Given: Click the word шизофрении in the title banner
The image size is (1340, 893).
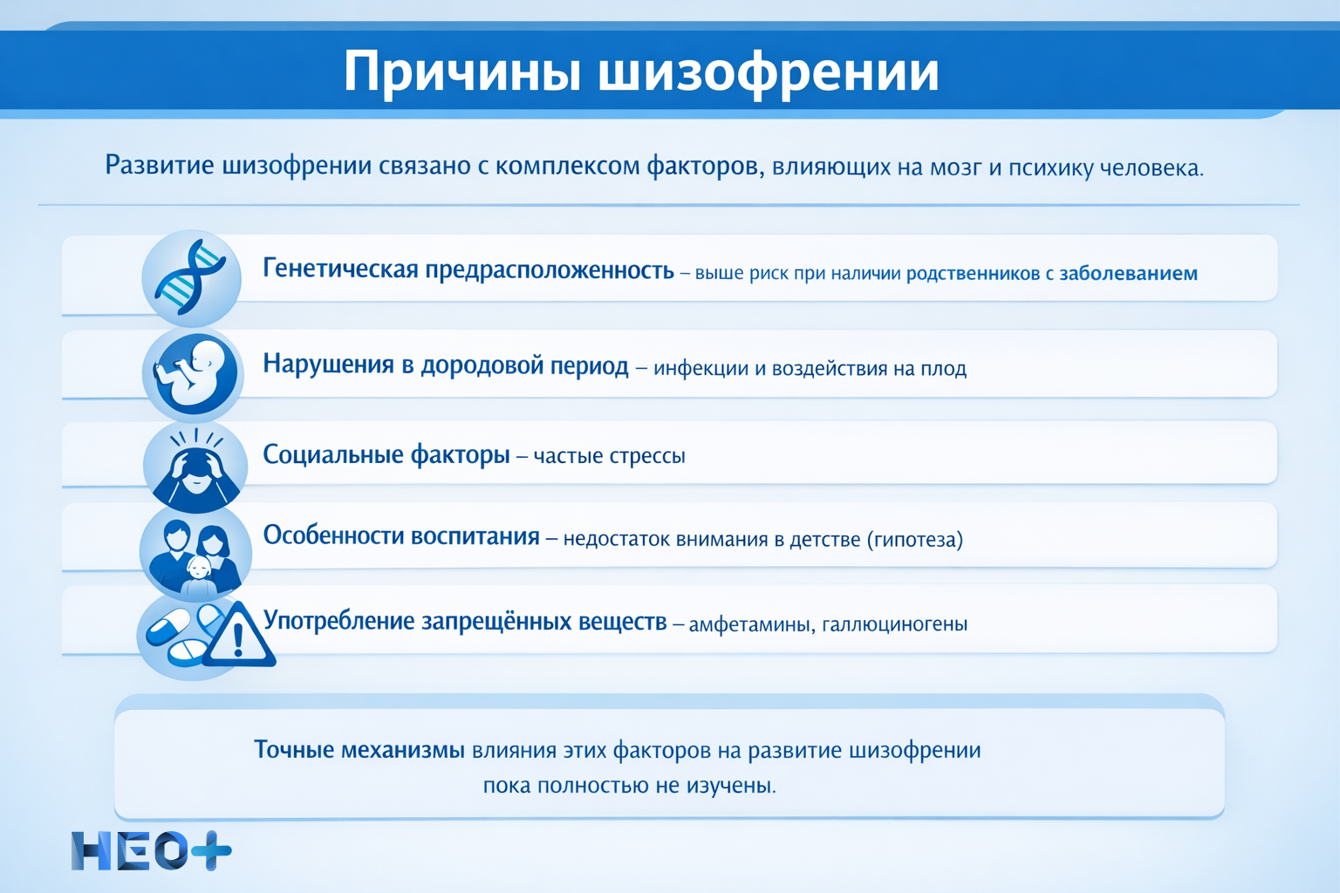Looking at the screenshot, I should click(769, 72).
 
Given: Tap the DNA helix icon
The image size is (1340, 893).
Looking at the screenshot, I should click(191, 278).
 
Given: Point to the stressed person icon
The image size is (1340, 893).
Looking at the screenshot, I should click(195, 466).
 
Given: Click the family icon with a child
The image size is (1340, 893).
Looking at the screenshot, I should click(195, 553).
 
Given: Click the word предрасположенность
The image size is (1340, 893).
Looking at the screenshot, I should click(550, 270).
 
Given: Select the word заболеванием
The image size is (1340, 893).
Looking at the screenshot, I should click(1128, 274).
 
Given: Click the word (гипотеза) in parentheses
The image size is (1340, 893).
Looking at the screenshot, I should click(915, 540).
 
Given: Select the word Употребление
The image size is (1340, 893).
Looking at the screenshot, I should click(338, 621).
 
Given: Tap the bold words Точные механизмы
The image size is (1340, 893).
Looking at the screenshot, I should click(359, 750).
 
